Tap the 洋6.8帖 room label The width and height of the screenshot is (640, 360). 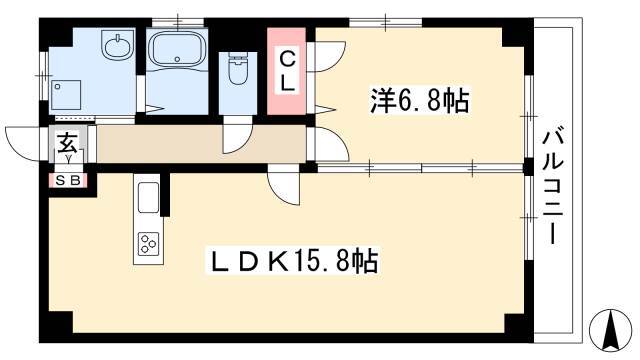[420, 100]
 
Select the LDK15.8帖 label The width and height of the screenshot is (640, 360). [294, 260]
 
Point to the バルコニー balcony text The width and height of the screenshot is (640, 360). [553, 188]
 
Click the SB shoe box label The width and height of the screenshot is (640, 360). [68, 180]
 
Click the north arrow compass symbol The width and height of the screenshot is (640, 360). [611, 330]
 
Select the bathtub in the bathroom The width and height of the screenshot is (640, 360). [177, 49]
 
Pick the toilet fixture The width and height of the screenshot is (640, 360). [238, 68]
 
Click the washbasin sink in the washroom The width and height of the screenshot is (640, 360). [118, 44]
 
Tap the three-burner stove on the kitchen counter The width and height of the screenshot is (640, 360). [148, 244]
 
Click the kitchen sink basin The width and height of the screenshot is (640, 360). [149, 197]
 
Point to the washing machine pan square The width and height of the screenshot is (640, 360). [66, 95]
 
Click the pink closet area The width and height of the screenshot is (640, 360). [287, 71]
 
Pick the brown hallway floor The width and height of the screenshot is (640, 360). [201, 144]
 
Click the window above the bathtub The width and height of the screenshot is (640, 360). [178, 22]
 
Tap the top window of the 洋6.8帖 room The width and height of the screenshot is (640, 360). [385, 22]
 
